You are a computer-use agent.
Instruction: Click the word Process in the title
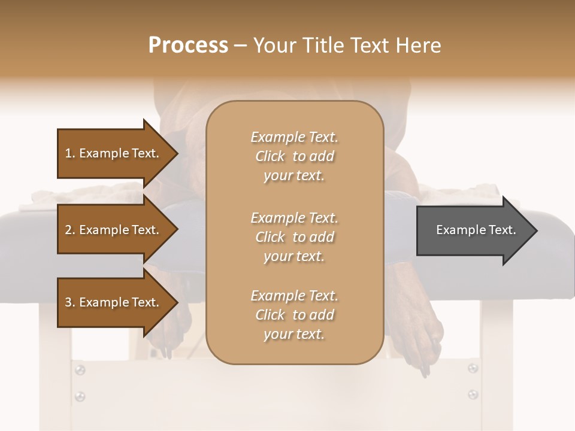tap(188, 45)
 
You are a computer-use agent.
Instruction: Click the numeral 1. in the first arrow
tap(70, 153)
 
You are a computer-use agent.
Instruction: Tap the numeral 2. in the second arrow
tap(70, 230)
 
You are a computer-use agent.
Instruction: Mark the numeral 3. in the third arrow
tap(70, 302)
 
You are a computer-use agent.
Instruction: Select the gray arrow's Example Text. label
tap(476, 230)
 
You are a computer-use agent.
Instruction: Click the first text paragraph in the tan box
tap(294, 156)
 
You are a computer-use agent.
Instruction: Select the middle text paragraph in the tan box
tap(294, 236)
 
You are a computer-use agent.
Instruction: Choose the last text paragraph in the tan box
tap(294, 315)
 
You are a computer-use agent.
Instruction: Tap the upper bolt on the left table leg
tap(80, 371)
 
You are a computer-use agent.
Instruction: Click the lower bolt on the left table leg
tap(80, 396)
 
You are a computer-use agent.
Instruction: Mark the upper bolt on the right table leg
tap(473, 368)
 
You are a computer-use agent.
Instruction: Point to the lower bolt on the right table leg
tap(473, 394)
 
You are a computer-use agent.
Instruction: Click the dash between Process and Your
tap(240, 46)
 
